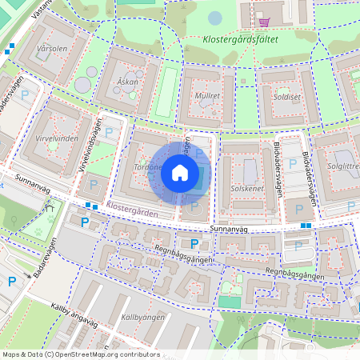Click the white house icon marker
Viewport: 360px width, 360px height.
(180, 173)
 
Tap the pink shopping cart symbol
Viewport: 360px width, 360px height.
(263, 22)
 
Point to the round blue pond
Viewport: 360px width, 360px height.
(215, 18)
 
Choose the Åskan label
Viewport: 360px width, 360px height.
(128, 82)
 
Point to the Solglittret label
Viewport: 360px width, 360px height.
(343, 166)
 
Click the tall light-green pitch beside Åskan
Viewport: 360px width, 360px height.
(166, 93)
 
